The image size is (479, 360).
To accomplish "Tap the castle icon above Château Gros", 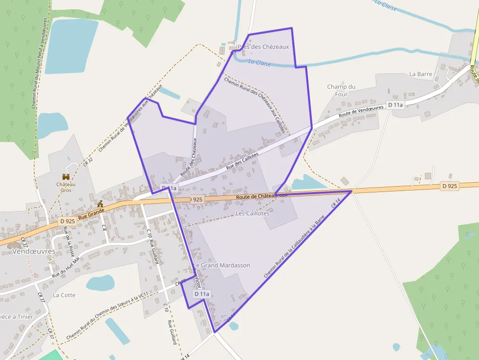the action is [66, 176].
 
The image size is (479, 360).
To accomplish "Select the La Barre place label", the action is [420, 74].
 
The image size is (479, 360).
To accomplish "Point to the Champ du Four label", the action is [341, 90].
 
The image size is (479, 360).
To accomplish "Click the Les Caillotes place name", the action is [252, 213].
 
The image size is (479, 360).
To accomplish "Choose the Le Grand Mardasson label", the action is [222, 265].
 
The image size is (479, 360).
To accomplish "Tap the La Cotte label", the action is [64, 295].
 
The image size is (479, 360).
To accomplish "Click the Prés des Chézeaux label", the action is [263, 47].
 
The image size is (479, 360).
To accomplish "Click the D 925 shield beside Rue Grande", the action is [67, 221].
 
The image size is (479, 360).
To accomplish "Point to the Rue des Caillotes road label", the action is [242, 162].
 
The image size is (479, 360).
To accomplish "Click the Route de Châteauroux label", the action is [261, 196].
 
